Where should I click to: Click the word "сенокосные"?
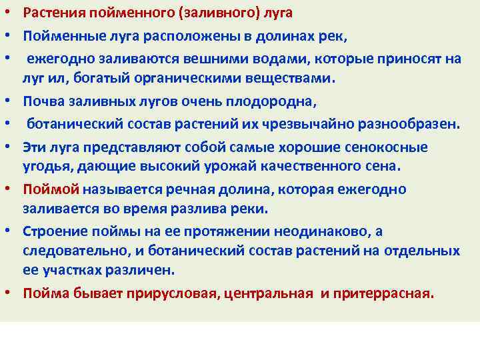387,147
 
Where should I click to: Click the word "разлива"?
187,209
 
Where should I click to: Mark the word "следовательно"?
71,250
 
